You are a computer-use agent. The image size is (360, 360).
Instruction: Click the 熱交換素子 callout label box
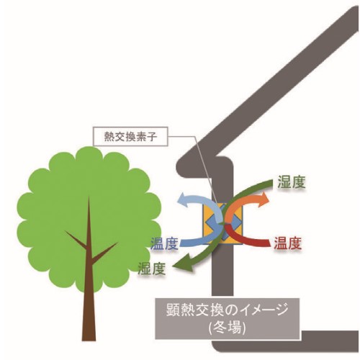pos(130,136)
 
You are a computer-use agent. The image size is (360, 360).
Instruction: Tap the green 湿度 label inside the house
pos(291,182)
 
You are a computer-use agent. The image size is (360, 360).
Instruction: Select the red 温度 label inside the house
pos(288,243)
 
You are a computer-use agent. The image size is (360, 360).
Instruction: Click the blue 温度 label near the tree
pos(164,243)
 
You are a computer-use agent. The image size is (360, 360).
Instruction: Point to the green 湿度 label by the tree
pos(152,268)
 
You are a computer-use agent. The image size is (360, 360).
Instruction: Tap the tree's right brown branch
pos(104,252)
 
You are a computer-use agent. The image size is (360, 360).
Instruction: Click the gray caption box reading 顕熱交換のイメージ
pos(228,318)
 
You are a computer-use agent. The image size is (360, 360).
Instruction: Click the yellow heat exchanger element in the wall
pos(222,224)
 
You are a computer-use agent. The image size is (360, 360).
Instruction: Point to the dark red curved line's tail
pos(269,243)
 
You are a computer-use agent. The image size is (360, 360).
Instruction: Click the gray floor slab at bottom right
pos(330,338)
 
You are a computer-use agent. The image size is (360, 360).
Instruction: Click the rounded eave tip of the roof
pos(181,167)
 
